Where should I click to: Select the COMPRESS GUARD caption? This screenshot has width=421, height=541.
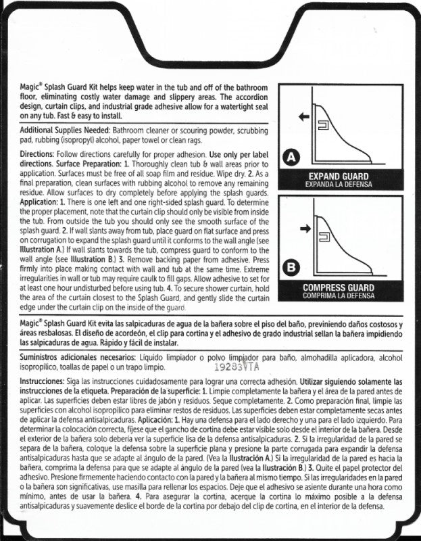click(x=339, y=287)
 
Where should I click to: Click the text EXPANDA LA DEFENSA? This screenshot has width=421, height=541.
click(x=339, y=184)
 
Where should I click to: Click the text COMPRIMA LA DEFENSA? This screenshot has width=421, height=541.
click(x=339, y=296)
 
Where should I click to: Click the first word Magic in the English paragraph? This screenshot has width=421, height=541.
click(x=32, y=87)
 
